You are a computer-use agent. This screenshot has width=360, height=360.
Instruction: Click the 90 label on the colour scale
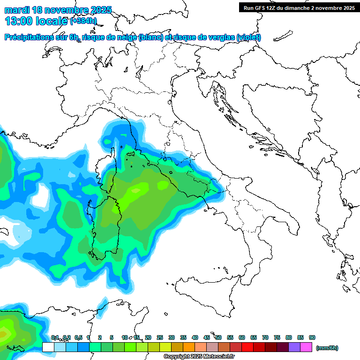coord(312,337)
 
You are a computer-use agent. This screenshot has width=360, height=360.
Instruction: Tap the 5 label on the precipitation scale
coord(112,337)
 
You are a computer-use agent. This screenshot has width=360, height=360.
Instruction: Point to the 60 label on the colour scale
coord(242,337)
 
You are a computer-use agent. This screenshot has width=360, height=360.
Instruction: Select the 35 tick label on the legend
coord(183,337)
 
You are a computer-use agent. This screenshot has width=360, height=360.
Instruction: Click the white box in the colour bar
coord(48,347)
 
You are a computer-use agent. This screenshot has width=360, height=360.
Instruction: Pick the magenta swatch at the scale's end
coord(307,347)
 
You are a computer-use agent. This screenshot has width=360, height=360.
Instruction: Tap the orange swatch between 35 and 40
coord(189,347)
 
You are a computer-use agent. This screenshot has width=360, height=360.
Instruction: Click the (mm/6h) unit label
coord(327,348)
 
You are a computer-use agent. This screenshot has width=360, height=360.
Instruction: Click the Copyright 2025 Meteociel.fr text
coord(199,357)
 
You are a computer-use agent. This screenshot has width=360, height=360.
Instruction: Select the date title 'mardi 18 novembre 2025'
coord(58,9)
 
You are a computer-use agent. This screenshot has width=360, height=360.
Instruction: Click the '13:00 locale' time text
coord(36,21)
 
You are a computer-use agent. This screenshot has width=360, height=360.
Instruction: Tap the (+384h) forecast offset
coord(84,21)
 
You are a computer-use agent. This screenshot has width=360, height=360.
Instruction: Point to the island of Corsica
coord(121,162)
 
